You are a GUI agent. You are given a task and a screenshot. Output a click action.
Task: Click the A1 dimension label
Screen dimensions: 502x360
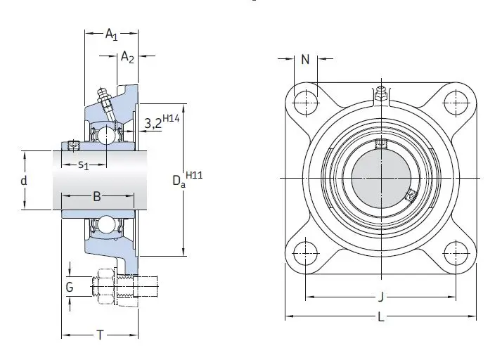(x=111, y=34)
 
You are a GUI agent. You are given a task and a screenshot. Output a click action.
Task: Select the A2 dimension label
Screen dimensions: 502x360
(x=127, y=58)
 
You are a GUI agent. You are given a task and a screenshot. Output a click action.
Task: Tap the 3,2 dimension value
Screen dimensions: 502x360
(x=153, y=123)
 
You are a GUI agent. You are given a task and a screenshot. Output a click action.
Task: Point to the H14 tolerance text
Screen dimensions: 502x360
(x=171, y=118)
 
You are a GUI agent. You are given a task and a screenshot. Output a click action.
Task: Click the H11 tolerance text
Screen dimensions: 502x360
(x=194, y=175)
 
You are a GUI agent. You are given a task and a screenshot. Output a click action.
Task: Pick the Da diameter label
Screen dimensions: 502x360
(x=179, y=181)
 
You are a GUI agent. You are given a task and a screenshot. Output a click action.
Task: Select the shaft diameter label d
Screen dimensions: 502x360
(x=24, y=181)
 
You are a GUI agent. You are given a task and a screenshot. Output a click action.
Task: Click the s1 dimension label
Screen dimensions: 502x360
(x=84, y=165)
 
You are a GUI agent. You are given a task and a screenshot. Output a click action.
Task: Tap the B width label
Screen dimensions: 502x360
(x=97, y=196)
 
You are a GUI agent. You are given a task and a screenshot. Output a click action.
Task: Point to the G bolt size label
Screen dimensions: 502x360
(x=70, y=288)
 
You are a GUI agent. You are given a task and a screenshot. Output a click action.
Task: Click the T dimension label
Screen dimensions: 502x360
(x=101, y=335)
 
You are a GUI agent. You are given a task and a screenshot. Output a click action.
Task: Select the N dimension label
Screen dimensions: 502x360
(x=305, y=59)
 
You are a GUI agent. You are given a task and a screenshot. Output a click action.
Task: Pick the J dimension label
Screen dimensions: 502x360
(x=380, y=297)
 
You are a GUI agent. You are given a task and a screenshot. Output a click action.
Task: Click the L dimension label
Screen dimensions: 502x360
(x=380, y=317)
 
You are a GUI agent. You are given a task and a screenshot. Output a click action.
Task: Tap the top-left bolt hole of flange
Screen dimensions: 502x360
(x=306, y=103)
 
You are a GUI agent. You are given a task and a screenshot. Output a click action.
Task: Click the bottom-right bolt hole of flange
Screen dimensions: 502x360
(x=456, y=254)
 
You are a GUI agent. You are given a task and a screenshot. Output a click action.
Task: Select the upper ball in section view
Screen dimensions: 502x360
(x=106, y=135)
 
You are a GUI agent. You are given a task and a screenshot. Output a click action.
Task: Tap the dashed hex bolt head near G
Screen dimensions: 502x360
(x=105, y=286)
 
